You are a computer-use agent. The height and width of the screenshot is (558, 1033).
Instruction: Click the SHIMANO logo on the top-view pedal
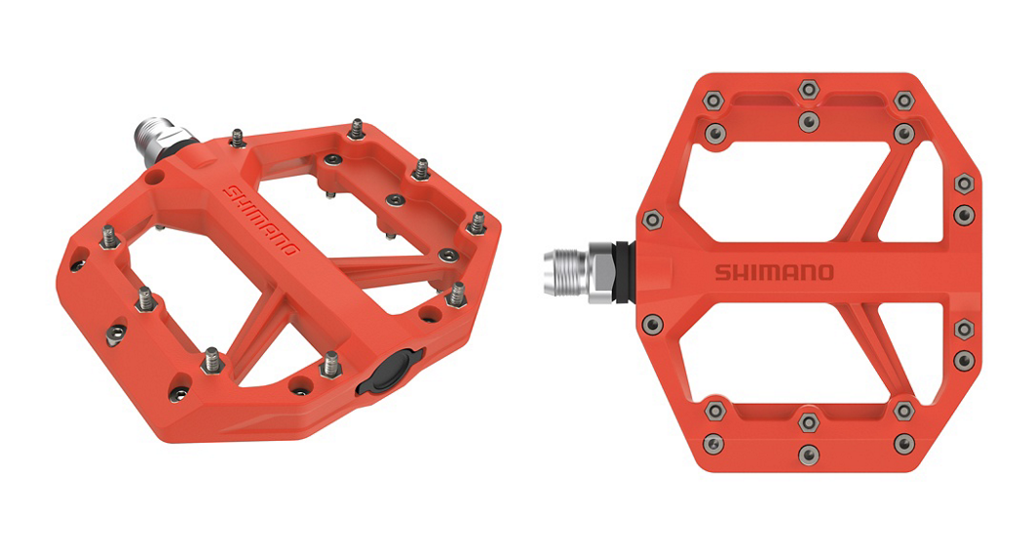[x=775, y=272]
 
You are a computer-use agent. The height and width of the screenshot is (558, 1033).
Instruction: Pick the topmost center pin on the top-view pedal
[x=808, y=90]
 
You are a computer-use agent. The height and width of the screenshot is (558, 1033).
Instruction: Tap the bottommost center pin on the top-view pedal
[x=808, y=455]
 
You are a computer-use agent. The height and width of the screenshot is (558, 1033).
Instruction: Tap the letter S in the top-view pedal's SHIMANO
[x=722, y=272]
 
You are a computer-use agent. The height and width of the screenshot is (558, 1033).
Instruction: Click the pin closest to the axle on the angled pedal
[x=237, y=138]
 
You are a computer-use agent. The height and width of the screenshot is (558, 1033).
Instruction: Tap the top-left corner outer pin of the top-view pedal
[x=712, y=100]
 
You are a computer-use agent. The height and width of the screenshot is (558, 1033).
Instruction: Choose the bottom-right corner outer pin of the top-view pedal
[x=904, y=444]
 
